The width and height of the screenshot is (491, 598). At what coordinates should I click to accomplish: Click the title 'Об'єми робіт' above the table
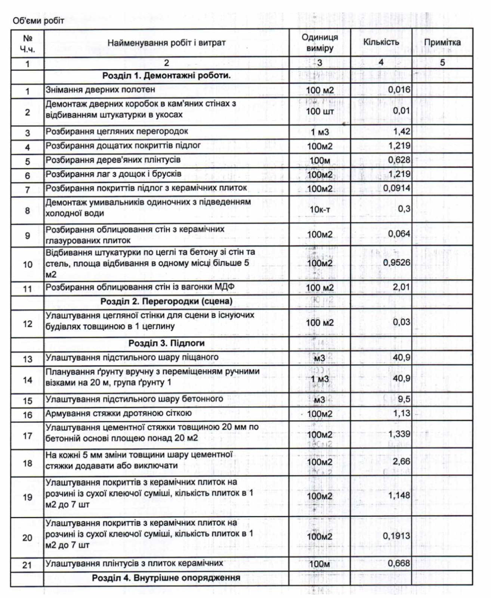[x=38, y=21]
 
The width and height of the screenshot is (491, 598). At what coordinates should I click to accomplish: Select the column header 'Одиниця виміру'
[x=319, y=43]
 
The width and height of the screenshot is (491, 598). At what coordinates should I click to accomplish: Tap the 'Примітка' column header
[x=442, y=42]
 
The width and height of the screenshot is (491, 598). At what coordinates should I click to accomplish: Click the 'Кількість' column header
[x=381, y=42]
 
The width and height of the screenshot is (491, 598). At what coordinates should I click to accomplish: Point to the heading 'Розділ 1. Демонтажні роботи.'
[x=166, y=75]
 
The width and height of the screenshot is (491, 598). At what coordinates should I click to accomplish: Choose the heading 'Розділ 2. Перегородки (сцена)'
[x=166, y=301]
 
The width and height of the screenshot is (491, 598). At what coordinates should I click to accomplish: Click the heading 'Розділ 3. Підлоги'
[x=166, y=343]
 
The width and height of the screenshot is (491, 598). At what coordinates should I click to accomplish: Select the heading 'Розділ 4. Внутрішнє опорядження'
[x=166, y=578]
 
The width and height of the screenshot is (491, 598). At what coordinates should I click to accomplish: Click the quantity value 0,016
[x=399, y=90]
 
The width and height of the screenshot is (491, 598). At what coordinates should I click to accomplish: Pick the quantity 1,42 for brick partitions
[x=401, y=132]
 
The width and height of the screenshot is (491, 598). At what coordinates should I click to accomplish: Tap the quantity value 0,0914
[x=396, y=188]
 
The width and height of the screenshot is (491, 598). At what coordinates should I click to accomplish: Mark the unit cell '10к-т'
[x=319, y=209]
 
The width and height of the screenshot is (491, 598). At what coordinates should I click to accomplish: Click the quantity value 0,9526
[x=396, y=263]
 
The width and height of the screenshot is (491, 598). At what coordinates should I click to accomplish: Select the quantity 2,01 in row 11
[x=401, y=287]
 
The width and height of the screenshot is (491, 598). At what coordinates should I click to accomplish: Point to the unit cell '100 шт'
[x=319, y=111]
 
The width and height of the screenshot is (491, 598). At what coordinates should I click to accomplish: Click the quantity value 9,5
[x=404, y=399]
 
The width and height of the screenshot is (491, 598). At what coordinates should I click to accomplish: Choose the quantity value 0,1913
[x=396, y=536]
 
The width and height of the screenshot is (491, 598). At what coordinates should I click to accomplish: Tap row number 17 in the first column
[x=28, y=436]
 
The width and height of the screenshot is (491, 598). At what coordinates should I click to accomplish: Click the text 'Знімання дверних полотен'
[x=100, y=90]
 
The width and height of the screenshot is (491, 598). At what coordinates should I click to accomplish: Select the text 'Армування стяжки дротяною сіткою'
[x=118, y=413]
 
